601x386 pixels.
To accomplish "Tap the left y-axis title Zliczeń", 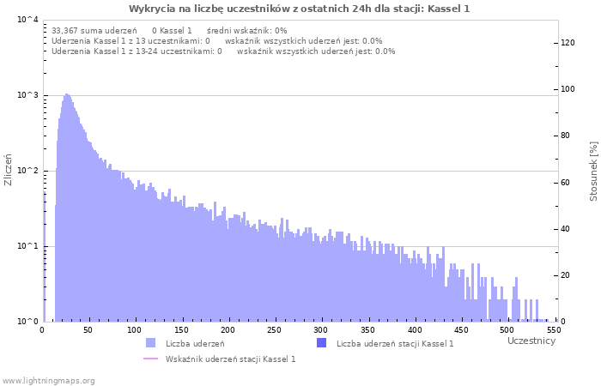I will point(9,170).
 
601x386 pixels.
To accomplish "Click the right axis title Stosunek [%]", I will point(593,172).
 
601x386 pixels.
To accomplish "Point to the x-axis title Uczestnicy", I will point(531,341).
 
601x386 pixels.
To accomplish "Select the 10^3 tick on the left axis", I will point(27,95).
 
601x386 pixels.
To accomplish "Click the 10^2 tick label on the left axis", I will point(27,171).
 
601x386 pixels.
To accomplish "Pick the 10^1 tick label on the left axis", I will point(27,246).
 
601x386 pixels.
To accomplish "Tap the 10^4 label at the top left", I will point(27,20).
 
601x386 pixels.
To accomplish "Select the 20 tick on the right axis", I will point(567,275).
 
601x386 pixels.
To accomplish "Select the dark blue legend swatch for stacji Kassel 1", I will point(322,343).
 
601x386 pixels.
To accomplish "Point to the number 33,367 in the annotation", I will point(65,30).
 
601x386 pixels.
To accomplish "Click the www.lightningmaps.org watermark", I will point(48,380).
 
